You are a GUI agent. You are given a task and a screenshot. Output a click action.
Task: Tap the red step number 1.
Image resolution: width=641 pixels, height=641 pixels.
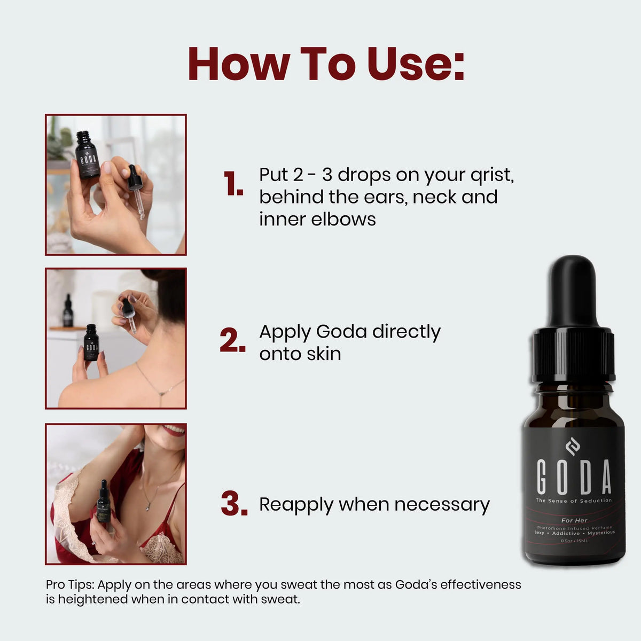pos(233,185)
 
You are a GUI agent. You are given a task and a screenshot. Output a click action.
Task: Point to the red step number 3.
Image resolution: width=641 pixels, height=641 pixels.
pos(234,504)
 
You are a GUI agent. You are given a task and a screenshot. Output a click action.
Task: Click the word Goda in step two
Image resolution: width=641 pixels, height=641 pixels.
pos(341,332)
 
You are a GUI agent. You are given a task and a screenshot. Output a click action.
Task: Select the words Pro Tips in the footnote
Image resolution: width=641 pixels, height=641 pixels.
pos(70,584)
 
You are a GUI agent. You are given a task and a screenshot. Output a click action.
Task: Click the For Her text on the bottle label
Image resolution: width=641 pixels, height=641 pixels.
pos(574,520)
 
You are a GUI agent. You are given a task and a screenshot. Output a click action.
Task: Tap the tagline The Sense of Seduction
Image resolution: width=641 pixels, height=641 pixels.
pos(574,501)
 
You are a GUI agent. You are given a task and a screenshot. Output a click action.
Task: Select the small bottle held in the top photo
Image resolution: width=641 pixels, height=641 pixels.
pos(87,155)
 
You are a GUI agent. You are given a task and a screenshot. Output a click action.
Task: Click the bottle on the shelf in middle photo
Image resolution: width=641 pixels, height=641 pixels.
pos(68,311)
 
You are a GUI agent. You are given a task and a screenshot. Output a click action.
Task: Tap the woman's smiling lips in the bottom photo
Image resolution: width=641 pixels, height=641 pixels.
pos(174,431)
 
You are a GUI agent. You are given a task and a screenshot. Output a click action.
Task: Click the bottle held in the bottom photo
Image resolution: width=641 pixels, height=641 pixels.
pos(104,502)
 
